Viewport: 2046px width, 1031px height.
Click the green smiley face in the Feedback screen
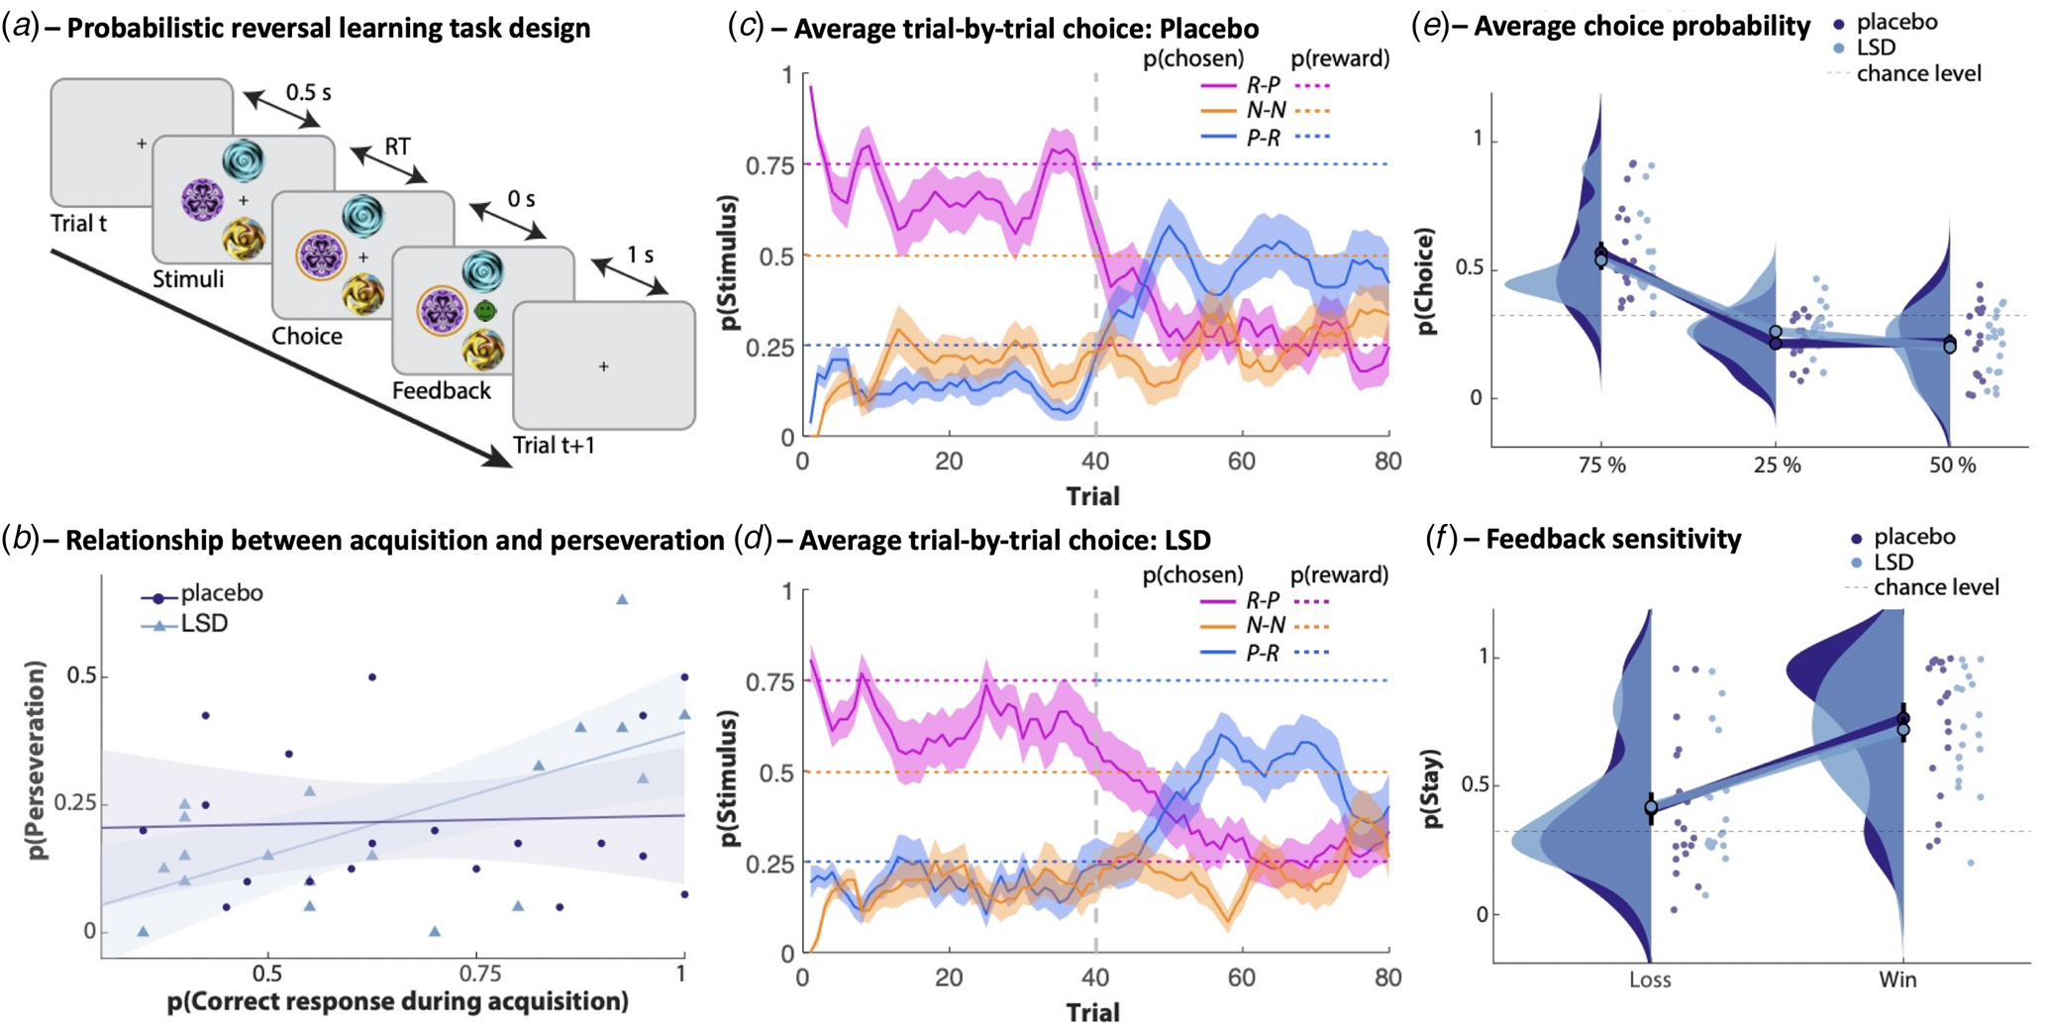point(485,311)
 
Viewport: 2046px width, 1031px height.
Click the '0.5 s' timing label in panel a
point(308,92)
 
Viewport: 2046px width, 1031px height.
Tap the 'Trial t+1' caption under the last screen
point(554,446)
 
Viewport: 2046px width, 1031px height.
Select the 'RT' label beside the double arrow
point(397,147)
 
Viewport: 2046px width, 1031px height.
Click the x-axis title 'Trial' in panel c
point(1092,495)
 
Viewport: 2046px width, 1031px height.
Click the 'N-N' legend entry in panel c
point(1267,111)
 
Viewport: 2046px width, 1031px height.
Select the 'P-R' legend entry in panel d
point(1263,653)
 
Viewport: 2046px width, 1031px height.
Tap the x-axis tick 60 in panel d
point(1241,979)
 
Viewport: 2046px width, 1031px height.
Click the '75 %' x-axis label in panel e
point(1601,464)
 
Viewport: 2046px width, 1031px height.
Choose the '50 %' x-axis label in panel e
point(1951,464)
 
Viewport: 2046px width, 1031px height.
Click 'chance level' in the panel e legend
point(1918,74)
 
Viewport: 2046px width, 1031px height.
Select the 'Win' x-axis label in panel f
point(1897,979)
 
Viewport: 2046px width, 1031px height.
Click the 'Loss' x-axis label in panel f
point(1650,979)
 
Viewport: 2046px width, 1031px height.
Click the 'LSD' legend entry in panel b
point(204,624)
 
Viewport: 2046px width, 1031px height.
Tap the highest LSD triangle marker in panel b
point(622,599)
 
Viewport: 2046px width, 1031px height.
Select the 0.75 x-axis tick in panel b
point(475,974)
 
